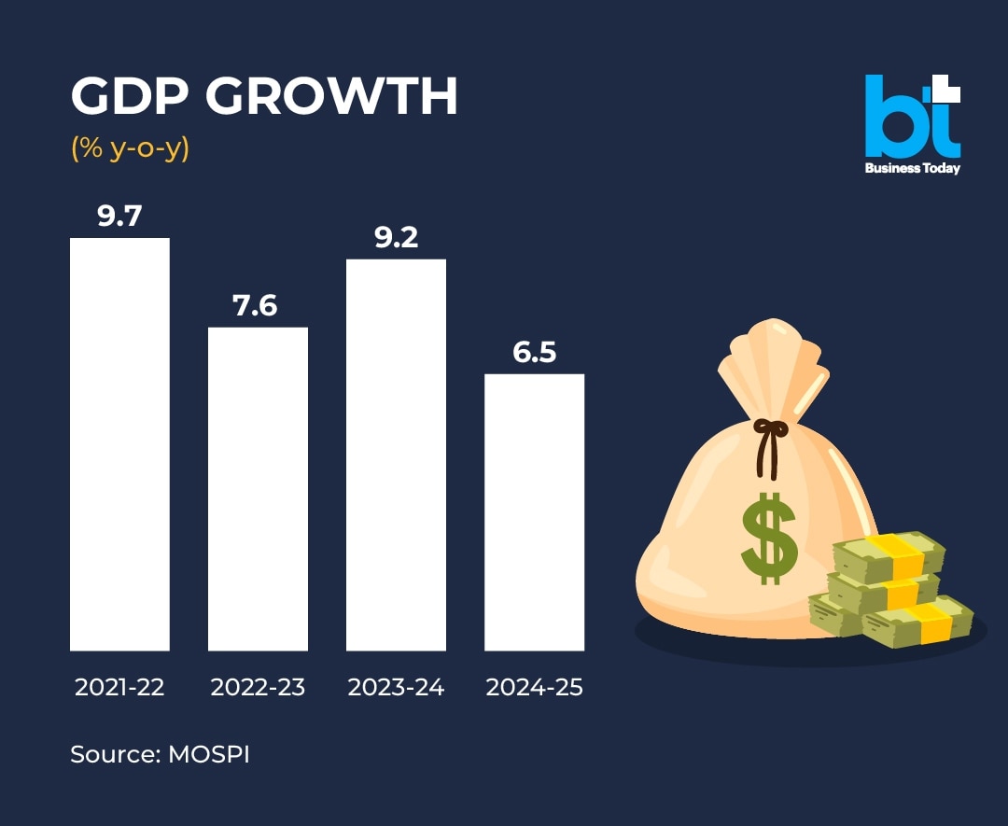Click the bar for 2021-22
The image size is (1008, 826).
(119, 444)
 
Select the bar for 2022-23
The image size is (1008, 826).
(258, 488)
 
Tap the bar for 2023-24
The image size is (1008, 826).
(396, 455)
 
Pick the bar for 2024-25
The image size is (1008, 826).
(534, 512)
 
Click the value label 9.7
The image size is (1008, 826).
(119, 216)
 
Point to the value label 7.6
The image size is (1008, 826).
(256, 305)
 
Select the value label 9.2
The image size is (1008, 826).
(396, 237)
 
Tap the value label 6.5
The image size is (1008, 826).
(534, 352)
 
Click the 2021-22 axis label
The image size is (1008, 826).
(119, 688)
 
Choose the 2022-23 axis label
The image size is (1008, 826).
(258, 688)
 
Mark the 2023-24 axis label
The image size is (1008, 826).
(396, 688)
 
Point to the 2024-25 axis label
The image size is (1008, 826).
(534, 688)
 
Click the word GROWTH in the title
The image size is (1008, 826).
(332, 96)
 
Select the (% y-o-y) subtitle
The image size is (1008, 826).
(130, 147)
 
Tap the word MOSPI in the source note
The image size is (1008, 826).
(209, 754)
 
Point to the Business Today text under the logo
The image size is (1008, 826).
(912, 169)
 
